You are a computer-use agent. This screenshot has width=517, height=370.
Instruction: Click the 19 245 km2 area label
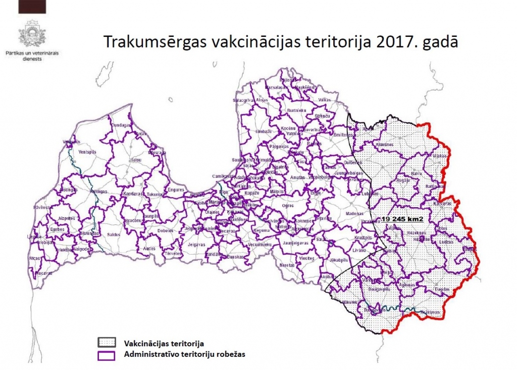402,219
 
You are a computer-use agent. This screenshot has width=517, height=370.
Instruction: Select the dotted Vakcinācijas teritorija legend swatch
107,343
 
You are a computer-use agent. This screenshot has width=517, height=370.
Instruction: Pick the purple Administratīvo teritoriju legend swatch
107,354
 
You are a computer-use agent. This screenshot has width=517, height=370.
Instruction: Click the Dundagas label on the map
121,125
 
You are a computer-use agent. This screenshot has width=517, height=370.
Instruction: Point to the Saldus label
114,235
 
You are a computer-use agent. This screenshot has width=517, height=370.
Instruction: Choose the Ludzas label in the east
446,242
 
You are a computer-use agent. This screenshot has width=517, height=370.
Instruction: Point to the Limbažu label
264,131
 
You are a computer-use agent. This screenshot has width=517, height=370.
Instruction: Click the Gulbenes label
353,162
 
